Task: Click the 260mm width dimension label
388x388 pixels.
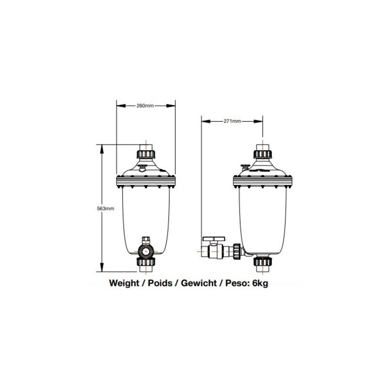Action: (x=145, y=105)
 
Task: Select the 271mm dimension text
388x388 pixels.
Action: (x=232, y=121)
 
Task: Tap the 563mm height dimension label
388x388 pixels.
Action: (x=106, y=209)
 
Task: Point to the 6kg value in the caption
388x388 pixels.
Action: (x=259, y=283)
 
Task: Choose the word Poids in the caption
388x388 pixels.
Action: (x=160, y=283)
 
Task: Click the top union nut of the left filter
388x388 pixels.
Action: (x=146, y=155)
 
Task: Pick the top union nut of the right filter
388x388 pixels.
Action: (x=262, y=155)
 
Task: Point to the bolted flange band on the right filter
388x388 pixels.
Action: (x=262, y=181)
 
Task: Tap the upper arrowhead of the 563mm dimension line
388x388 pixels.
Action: (x=102, y=147)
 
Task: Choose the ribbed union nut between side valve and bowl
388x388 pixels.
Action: (x=237, y=251)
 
